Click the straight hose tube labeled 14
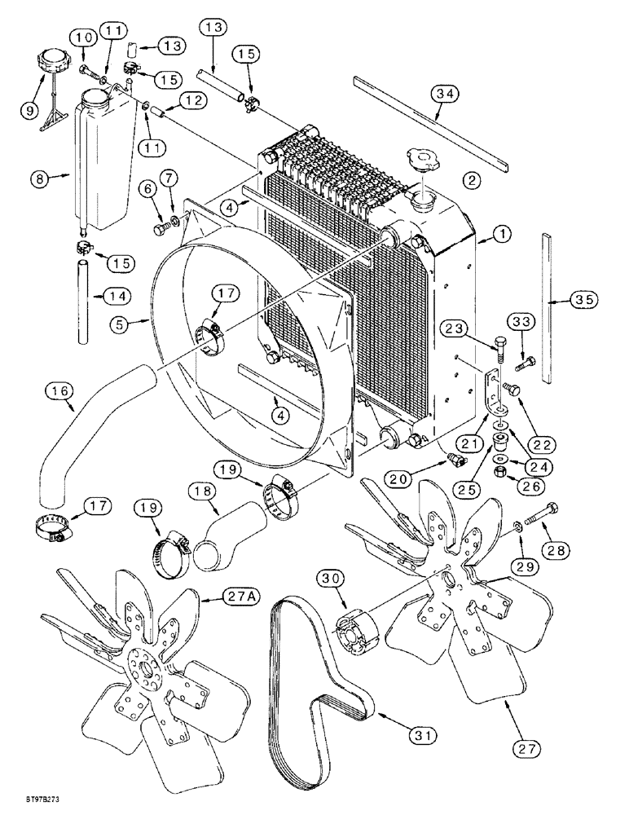point(82,302)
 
